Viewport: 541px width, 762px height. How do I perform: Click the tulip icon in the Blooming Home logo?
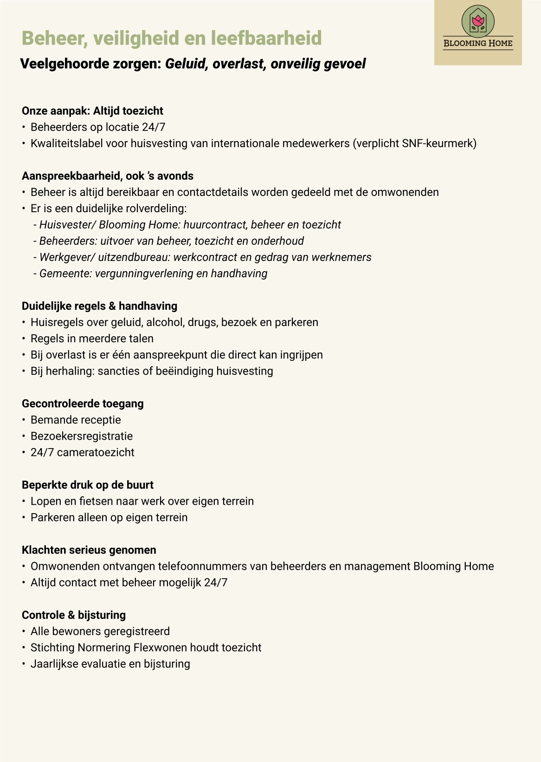click(x=478, y=21)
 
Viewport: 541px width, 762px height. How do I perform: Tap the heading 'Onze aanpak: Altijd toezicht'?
click(x=92, y=111)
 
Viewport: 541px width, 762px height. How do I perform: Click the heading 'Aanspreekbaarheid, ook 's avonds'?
click(x=108, y=176)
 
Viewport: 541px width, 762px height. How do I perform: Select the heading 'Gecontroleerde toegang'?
click(x=83, y=404)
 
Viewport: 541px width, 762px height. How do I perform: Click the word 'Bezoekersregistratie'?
click(x=82, y=436)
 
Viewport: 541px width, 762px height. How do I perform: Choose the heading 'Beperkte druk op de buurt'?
click(x=88, y=485)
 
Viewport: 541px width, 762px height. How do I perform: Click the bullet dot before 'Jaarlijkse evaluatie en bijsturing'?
click(x=24, y=664)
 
